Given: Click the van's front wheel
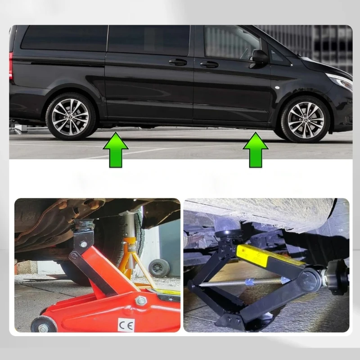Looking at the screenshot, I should pos(306,119).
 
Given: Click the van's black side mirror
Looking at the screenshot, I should pos(260,56).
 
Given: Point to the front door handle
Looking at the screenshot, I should pos(209,64).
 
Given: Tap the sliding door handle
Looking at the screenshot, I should pos(178,62).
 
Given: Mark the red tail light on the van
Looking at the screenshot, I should pos(11,65).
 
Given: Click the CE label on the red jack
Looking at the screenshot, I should pos(126,324).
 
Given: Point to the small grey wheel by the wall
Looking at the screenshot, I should pos(159,268).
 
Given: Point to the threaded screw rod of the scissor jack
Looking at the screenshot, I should pos(247,283).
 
